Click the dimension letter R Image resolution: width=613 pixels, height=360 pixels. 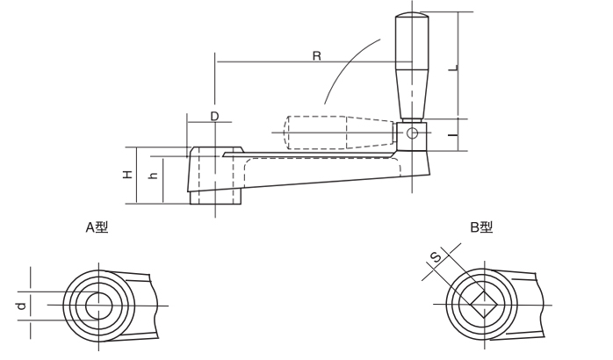point(317,56)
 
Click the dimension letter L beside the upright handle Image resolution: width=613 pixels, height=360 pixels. point(453,68)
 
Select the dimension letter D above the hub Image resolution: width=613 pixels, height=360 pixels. point(214,116)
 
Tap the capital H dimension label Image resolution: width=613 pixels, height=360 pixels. point(128,174)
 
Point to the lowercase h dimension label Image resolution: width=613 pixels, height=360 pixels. point(154,176)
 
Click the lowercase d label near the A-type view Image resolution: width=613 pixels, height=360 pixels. point(22,306)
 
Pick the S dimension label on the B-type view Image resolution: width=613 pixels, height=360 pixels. point(436,257)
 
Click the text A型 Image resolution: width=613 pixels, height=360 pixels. point(97,227)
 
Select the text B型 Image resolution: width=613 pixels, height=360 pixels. point(481,227)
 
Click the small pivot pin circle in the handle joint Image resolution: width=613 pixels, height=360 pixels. point(412,133)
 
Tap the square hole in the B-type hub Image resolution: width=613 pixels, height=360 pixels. point(484,304)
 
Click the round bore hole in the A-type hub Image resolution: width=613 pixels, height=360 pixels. point(99,306)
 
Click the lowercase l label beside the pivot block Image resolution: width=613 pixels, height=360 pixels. point(452,135)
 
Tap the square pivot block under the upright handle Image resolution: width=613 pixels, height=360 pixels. point(412,136)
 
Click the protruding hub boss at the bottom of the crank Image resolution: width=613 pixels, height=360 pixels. point(215,197)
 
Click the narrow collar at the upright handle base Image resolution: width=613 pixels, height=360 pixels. point(412,121)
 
